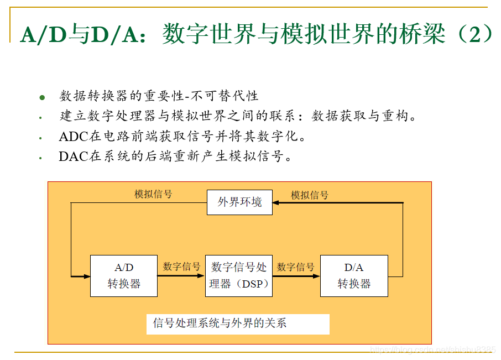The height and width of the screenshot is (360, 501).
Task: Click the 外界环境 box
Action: [x=239, y=202]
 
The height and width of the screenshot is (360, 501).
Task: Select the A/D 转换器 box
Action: [x=124, y=275]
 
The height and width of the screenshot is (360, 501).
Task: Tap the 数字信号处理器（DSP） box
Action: [x=239, y=275]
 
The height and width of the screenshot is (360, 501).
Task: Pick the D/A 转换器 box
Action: [x=354, y=275]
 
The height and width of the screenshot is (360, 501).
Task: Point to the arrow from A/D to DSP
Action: [x=181, y=275]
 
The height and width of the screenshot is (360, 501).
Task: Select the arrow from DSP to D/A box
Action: [x=296, y=275]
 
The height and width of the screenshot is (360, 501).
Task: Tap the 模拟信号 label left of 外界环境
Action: [x=153, y=194]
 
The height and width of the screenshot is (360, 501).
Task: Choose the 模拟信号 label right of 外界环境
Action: [x=310, y=195]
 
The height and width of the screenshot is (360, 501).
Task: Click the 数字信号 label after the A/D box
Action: [x=181, y=267]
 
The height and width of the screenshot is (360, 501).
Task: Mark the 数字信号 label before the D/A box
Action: [x=296, y=267]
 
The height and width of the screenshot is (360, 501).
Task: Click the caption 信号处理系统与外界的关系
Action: [x=220, y=324]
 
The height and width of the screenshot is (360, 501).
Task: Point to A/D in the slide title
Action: [x=42, y=34]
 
